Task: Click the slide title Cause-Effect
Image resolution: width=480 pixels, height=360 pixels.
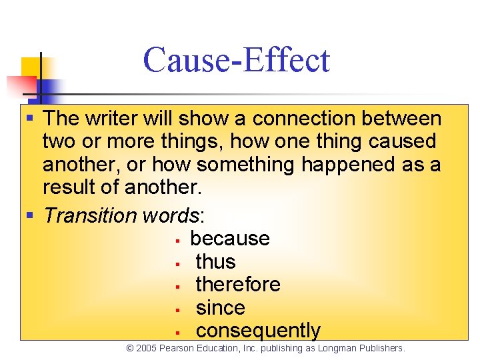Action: [236, 60]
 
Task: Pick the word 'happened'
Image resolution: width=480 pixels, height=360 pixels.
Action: [350, 164]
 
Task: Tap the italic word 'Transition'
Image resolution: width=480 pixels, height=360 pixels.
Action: [90, 215]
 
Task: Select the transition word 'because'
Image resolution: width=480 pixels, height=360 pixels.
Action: [229, 239]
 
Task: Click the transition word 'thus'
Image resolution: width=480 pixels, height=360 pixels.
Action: [215, 261]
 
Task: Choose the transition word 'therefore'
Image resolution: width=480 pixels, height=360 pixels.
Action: [237, 285]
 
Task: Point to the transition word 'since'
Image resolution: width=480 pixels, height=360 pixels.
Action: [220, 308]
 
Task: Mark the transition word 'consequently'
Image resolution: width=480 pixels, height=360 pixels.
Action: [258, 331]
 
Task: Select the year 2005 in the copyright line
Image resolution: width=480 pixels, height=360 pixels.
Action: [147, 348]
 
